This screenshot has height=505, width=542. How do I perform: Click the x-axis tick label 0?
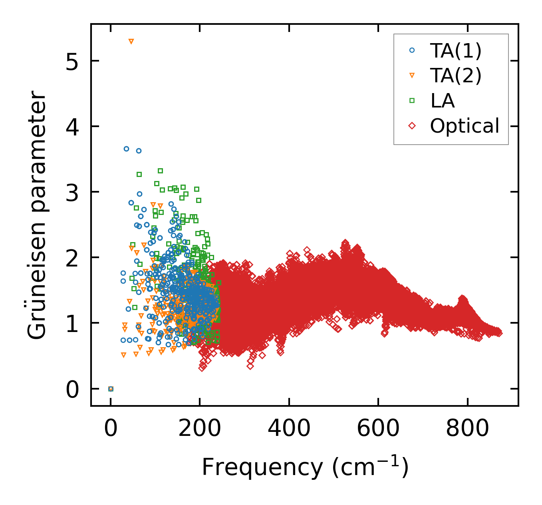[111, 428]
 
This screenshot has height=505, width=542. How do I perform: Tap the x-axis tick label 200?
[200, 428]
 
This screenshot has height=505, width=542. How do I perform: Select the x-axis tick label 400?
[289, 428]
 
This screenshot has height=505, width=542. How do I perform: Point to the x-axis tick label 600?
[378, 428]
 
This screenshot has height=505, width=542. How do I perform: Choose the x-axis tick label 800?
[467, 428]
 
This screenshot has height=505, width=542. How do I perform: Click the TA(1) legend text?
[456, 51]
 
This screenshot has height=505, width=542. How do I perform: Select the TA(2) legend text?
[456, 76]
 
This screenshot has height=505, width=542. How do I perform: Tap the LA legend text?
[443, 101]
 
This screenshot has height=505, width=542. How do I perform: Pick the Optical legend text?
[465, 126]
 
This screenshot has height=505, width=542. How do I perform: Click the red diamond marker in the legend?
[412, 126]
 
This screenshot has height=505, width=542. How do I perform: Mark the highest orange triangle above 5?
[131, 42]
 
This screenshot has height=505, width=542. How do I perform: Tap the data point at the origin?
[111, 389]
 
